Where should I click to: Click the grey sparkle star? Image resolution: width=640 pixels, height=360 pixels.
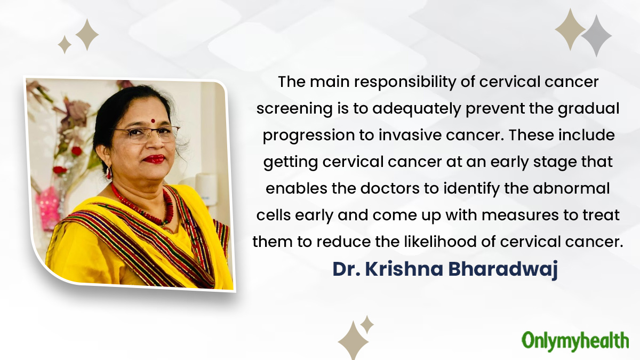point(596,35)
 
